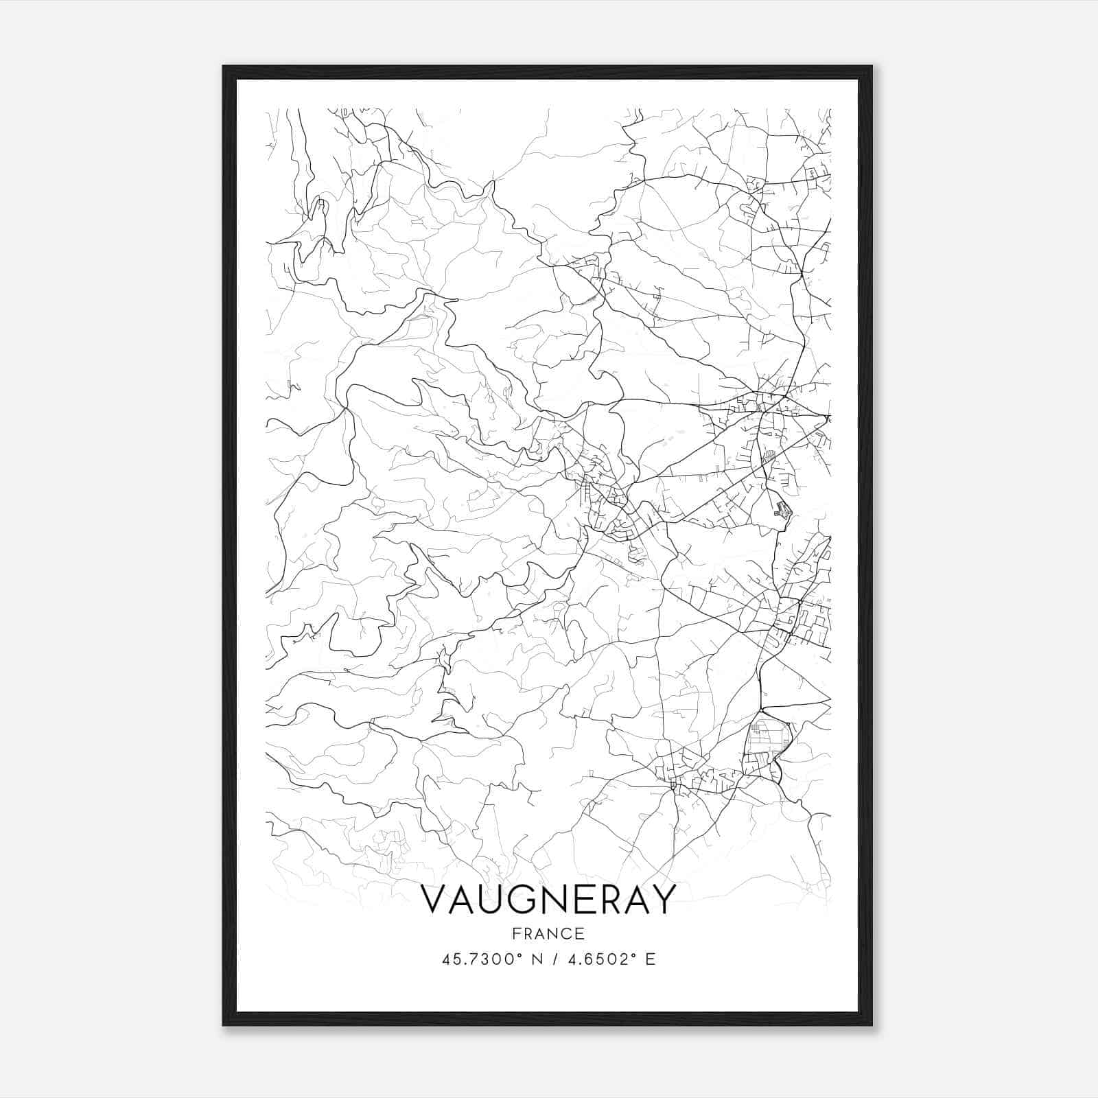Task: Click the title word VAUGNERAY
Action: [548, 900]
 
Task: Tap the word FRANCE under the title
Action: [548, 933]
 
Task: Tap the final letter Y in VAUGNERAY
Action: [662, 900]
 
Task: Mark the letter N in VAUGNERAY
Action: [550, 900]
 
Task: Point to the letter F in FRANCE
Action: [515, 933]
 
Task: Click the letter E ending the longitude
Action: [651, 959]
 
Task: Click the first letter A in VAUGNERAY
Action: [460, 900]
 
